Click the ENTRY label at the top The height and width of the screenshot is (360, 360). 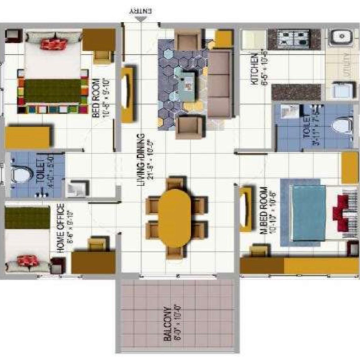[x=141, y=10]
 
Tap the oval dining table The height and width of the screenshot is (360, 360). [x=175, y=217]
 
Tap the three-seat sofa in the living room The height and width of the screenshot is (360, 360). [x=220, y=84]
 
